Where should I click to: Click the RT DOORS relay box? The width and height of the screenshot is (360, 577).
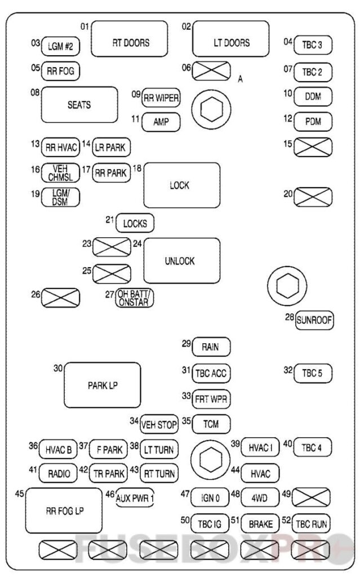[x=130, y=39]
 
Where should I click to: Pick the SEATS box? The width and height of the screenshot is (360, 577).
[x=79, y=105]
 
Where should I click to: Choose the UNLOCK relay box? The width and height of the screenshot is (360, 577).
[x=181, y=260]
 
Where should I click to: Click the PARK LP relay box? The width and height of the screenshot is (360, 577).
[x=101, y=385]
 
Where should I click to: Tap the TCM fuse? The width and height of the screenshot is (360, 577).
[x=211, y=424]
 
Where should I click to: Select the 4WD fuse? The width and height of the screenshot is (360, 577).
[x=261, y=498]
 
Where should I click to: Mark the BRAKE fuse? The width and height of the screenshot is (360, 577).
[x=261, y=524]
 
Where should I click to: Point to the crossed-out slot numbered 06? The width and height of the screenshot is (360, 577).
[x=211, y=71]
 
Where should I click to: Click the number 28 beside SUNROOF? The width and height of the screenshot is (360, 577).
[x=290, y=317]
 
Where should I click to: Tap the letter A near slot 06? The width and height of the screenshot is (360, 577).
[x=240, y=79]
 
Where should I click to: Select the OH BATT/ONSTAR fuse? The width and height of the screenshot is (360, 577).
[x=134, y=298]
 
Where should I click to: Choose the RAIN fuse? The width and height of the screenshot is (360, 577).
[x=211, y=347]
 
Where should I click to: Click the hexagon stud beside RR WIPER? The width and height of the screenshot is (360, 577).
[x=210, y=110]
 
